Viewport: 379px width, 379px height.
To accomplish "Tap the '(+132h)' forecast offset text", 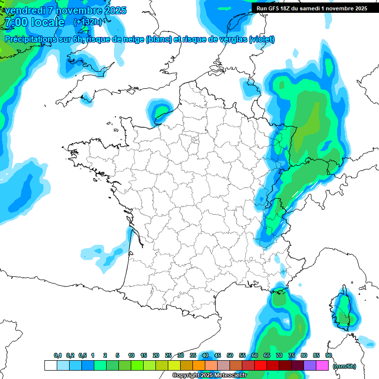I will tap(87, 22).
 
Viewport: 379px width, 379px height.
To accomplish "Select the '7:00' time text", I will tap(15, 22).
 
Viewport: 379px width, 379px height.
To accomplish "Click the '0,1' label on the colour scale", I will tap(58, 355).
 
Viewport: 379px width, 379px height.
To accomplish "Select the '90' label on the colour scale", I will tap(329, 355).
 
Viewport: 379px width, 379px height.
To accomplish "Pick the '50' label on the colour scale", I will tap(230, 355).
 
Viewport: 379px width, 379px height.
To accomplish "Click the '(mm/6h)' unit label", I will tap(345, 366).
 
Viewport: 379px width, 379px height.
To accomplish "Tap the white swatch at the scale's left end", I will tap(50, 365).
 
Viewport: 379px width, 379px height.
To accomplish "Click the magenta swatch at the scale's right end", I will tap(322, 365).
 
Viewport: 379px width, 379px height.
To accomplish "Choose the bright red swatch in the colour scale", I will tap(261, 365).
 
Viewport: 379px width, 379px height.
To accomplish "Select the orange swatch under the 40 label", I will tap(199, 365).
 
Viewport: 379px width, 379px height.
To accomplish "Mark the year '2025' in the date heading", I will tap(112, 10).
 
